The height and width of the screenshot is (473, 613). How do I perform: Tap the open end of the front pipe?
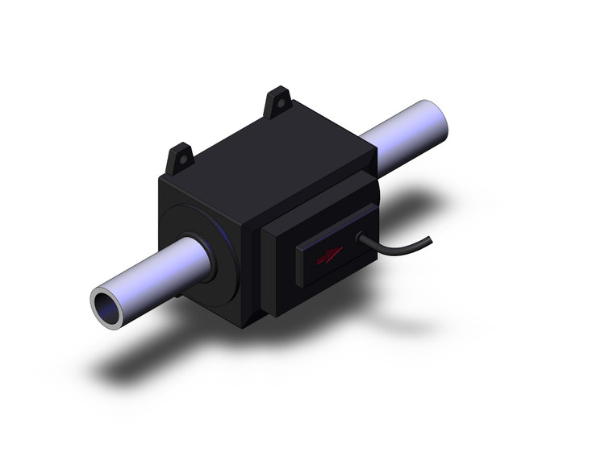(x=106, y=306)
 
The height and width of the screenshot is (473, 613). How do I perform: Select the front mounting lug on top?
(x=180, y=159)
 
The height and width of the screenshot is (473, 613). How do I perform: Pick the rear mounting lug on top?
(x=278, y=102)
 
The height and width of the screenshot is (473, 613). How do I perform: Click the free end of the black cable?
(x=429, y=239)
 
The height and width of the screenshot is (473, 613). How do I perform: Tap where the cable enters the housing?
(x=359, y=237)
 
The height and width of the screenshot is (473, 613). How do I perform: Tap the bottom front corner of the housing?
(x=242, y=326)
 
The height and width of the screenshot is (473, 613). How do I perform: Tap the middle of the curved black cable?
(x=395, y=248)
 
